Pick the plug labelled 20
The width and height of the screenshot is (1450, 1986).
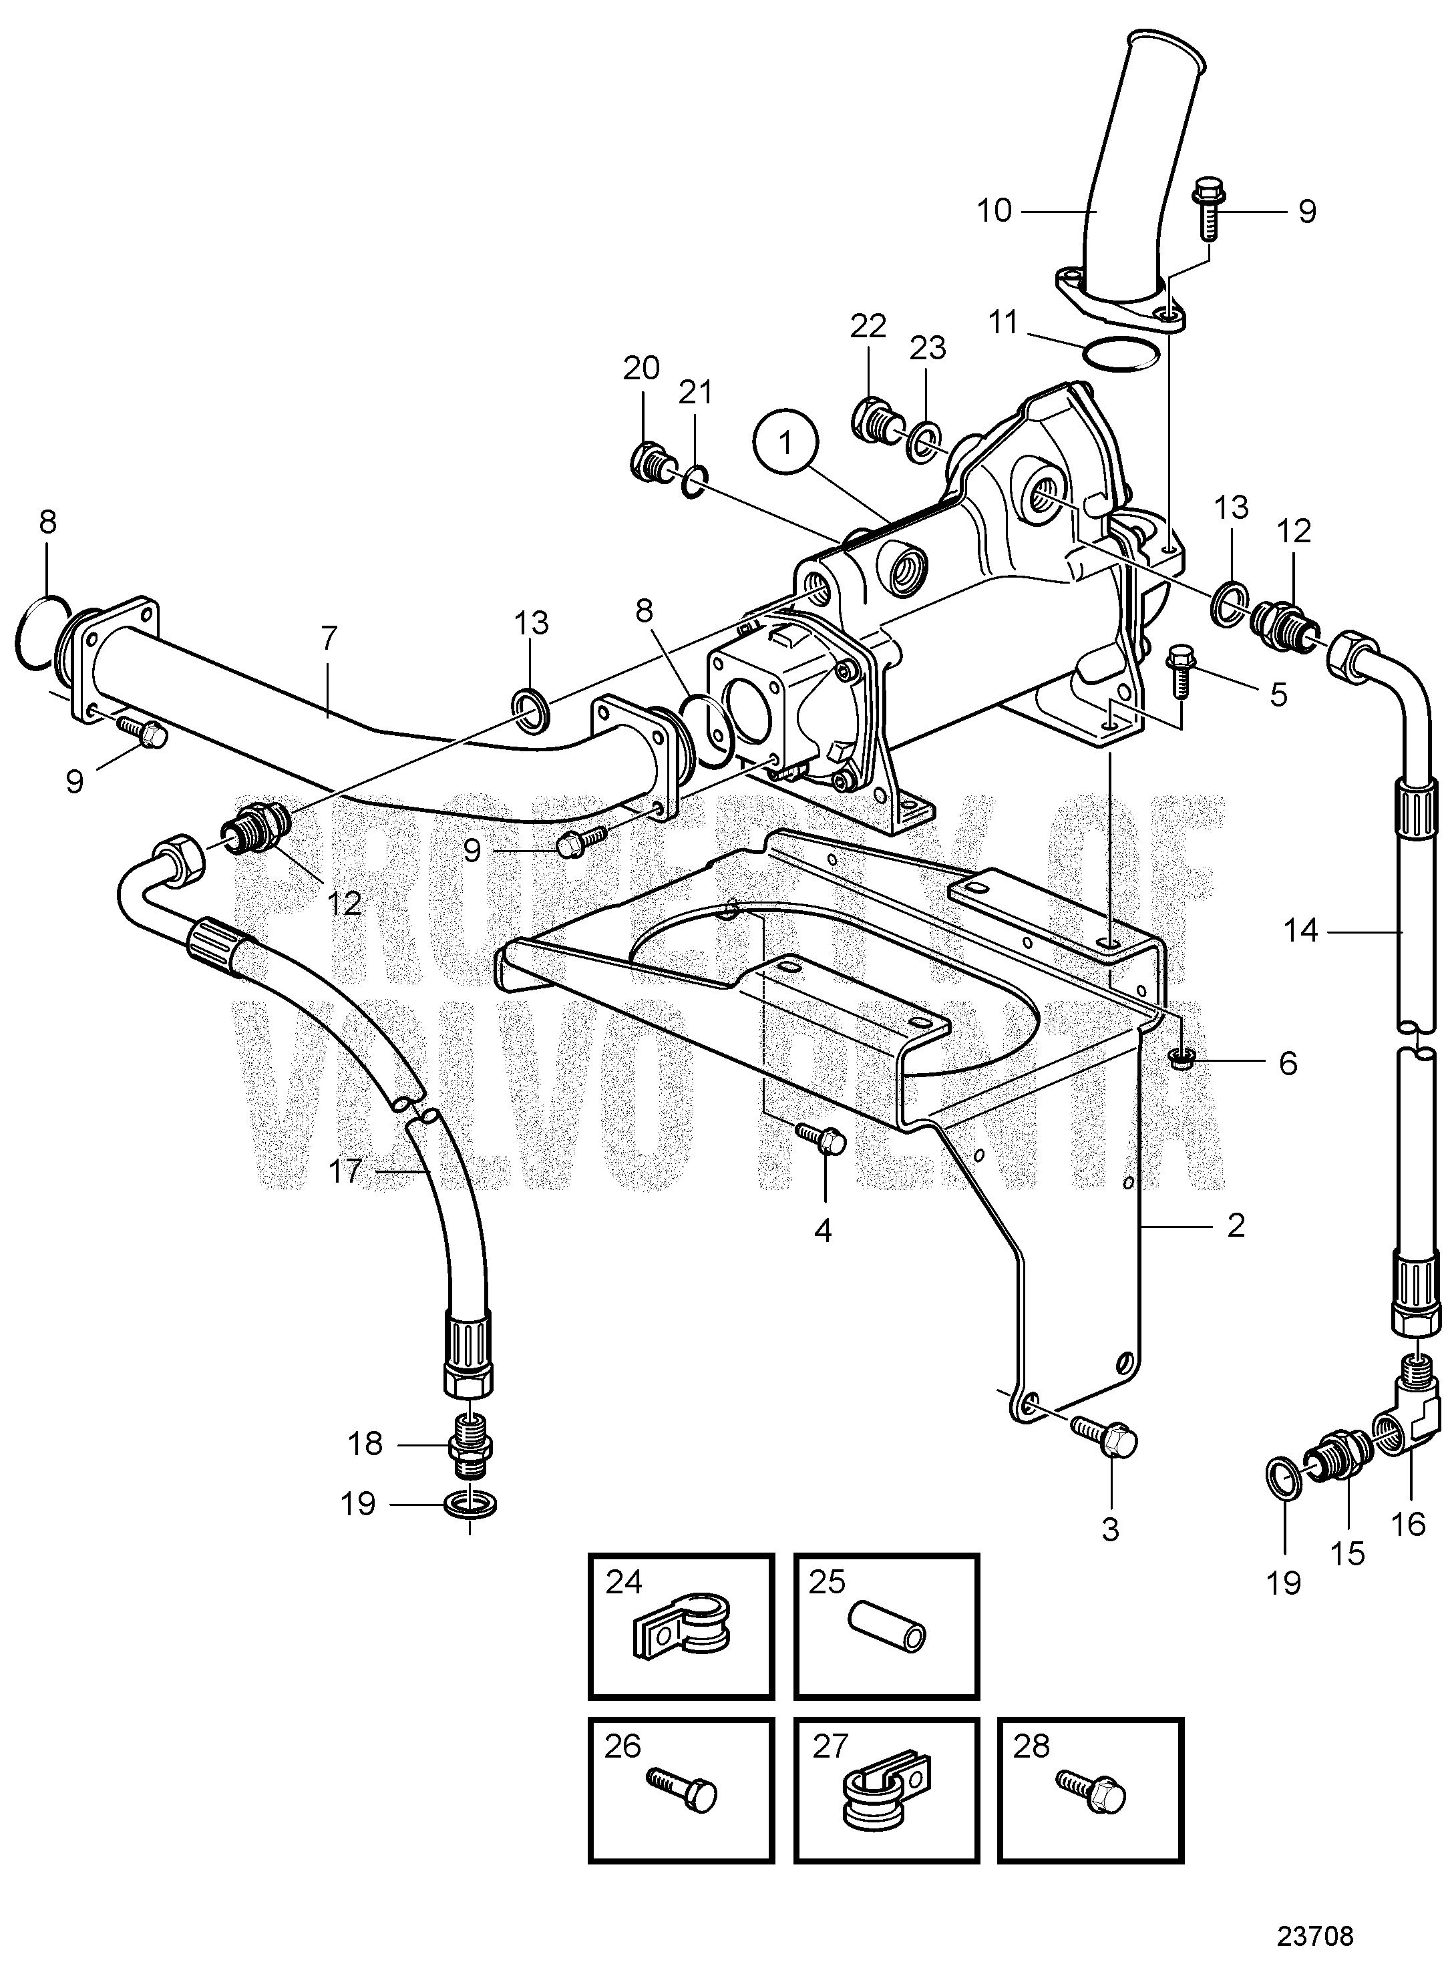649,459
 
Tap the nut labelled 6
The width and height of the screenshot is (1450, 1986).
1181,1062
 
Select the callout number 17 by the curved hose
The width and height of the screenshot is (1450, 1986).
345,1171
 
